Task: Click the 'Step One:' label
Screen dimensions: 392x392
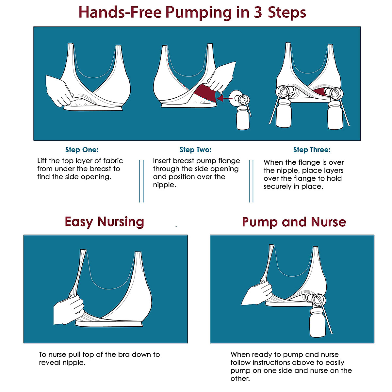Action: click(x=82, y=150)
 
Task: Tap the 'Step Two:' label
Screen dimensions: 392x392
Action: click(x=195, y=150)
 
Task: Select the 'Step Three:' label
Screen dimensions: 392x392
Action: click(x=312, y=150)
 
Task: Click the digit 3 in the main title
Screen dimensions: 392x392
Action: click(x=258, y=12)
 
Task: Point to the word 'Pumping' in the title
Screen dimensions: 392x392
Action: click(x=199, y=12)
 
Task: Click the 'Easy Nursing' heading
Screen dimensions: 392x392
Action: click(x=104, y=221)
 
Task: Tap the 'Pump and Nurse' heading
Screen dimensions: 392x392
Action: click(x=294, y=222)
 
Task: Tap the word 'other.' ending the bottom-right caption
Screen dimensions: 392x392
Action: click(x=240, y=379)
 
